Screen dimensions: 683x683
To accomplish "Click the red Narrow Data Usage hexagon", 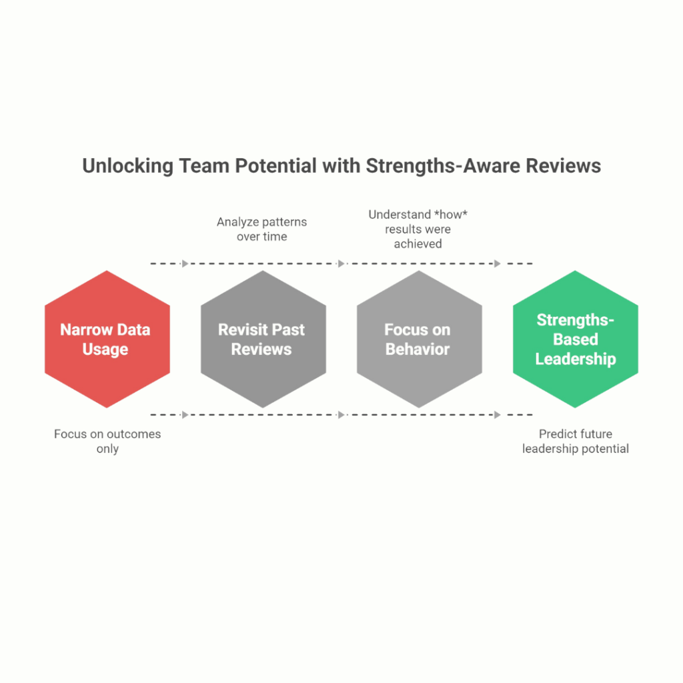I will click(x=107, y=374).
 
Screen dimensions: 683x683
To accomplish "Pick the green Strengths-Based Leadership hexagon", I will click(x=575, y=380).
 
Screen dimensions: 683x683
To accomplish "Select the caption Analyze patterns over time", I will click(x=261, y=229).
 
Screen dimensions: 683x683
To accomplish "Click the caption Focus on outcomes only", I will click(x=107, y=441).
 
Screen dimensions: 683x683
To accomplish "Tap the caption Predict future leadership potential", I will click(x=575, y=441).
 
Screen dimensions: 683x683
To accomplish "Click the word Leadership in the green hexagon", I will click(x=575, y=359).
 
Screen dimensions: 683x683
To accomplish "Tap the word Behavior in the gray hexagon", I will click(x=418, y=349).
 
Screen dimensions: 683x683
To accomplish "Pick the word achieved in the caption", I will click(x=418, y=243).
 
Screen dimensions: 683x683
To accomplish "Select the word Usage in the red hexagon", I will click(x=105, y=349).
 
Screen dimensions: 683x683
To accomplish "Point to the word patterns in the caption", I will click(x=283, y=221).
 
